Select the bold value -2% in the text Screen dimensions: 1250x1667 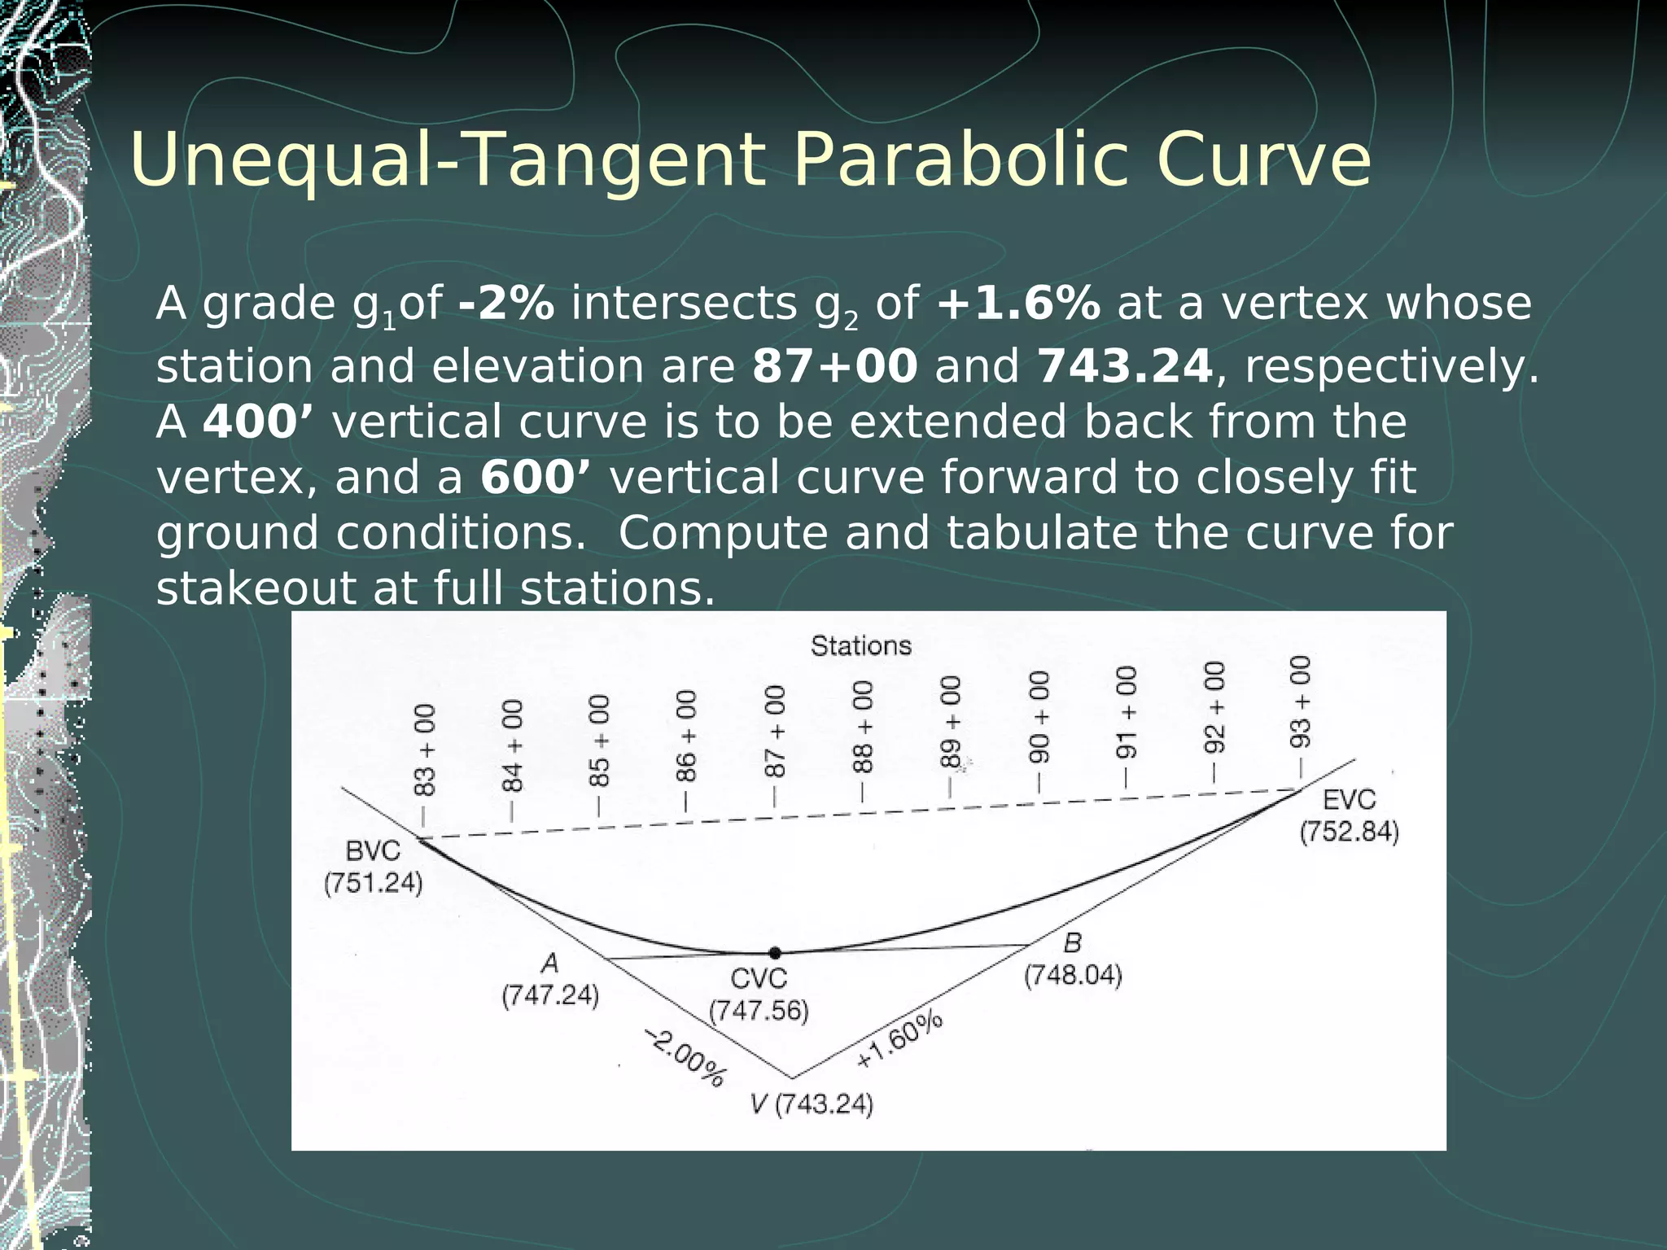pyautogui.click(x=506, y=304)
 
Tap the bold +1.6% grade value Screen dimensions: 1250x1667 pyautogui.click(x=1018, y=304)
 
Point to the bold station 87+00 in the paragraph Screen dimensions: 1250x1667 pyautogui.click(x=835, y=366)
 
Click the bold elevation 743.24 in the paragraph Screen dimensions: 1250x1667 pyautogui.click(x=1125, y=366)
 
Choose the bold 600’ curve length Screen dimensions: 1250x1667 pyautogui.click(x=536, y=477)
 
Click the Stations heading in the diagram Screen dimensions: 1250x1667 pyautogui.click(x=860, y=646)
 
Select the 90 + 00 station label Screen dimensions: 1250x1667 pyautogui.click(x=1039, y=718)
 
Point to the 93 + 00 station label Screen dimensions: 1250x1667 pyautogui.click(x=1300, y=701)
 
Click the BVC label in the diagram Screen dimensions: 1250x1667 pyautogui.click(x=373, y=851)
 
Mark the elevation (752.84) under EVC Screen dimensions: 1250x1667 pyautogui.click(x=1349, y=833)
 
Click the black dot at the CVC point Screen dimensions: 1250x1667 pyautogui.click(x=775, y=952)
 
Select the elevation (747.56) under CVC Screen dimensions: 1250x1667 pyautogui.click(x=759, y=1012)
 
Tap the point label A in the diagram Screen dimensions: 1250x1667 pyautogui.click(x=551, y=964)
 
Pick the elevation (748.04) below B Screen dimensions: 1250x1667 pyautogui.click(x=1073, y=975)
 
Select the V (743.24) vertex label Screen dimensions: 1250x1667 pyautogui.click(x=812, y=1105)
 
